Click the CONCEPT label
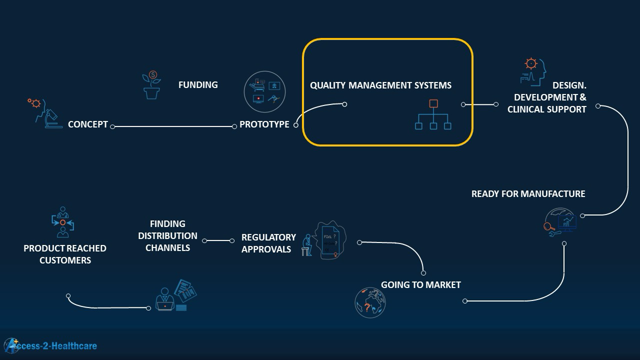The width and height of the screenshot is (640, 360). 88,124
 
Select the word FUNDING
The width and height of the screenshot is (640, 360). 198,85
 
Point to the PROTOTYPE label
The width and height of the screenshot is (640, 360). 264,124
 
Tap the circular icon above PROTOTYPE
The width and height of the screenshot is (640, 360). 264,91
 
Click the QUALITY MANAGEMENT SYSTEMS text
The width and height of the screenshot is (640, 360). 380,85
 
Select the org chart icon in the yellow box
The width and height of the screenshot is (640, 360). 433,115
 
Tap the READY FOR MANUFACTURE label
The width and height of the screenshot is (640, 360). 528,194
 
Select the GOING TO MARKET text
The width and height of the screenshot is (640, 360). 420,285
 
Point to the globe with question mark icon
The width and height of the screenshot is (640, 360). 370,302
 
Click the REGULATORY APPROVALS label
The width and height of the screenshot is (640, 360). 268,243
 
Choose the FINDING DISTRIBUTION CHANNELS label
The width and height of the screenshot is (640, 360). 167,235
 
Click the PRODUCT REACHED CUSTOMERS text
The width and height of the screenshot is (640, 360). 65,254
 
